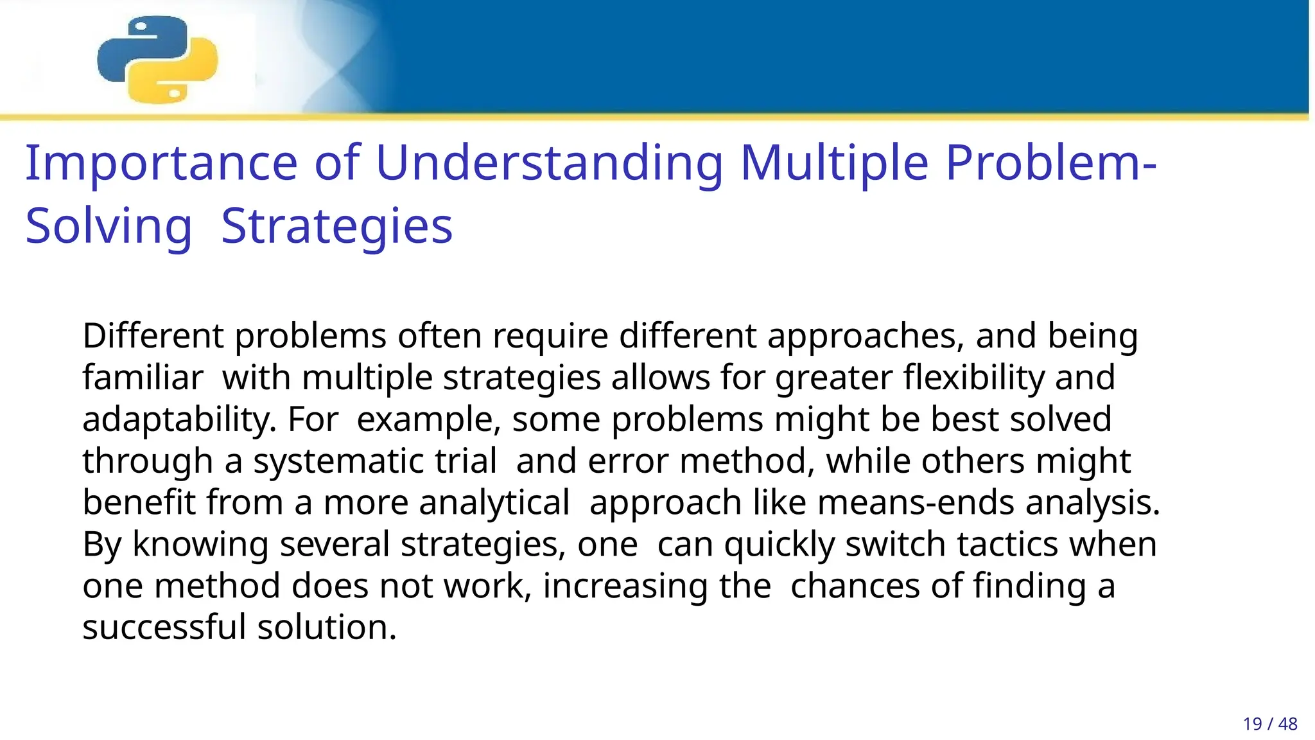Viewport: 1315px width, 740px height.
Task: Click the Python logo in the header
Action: [x=157, y=59]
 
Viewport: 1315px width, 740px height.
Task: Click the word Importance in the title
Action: [x=161, y=163]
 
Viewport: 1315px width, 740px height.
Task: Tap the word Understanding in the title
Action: [x=549, y=163]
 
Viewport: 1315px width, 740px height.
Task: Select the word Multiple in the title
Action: [x=834, y=163]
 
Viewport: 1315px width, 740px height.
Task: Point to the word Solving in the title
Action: [x=109, y=227]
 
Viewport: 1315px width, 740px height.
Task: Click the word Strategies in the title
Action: [x=336, y=227]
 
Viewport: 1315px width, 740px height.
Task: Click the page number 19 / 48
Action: [x=1269, y=724]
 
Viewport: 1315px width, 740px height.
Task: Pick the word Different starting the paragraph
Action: [x=153, y=336]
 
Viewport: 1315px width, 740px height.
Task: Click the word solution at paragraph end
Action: [x=327, y=627]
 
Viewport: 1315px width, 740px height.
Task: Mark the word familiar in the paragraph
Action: [x=143, y=378]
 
